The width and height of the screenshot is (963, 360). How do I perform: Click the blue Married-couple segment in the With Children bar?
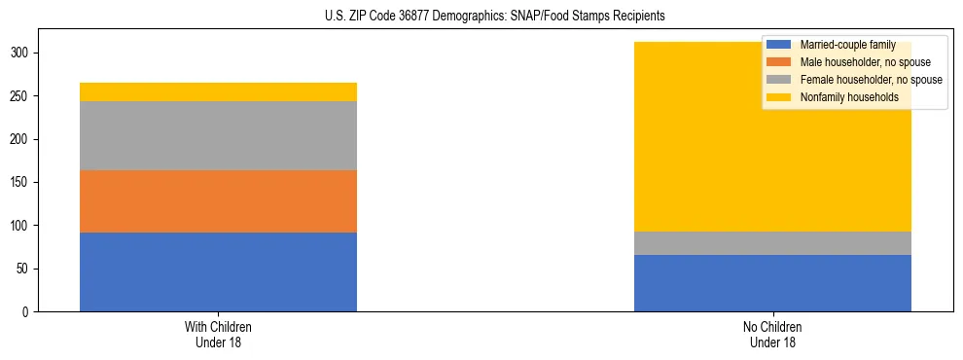point(218,271)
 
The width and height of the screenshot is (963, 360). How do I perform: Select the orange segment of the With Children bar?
point(218,201)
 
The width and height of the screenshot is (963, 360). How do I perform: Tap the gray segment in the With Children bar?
point(218,135)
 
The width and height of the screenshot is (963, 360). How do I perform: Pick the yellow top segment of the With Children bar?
point(218,91)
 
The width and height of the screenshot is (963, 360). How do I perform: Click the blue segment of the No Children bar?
point(772,283)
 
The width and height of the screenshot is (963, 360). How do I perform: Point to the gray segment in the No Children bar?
point(772,243)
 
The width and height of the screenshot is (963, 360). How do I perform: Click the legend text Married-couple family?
point(847,45)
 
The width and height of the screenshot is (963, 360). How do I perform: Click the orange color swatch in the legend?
point(779,62)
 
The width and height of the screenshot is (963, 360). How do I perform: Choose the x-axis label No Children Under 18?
point(772,334)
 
